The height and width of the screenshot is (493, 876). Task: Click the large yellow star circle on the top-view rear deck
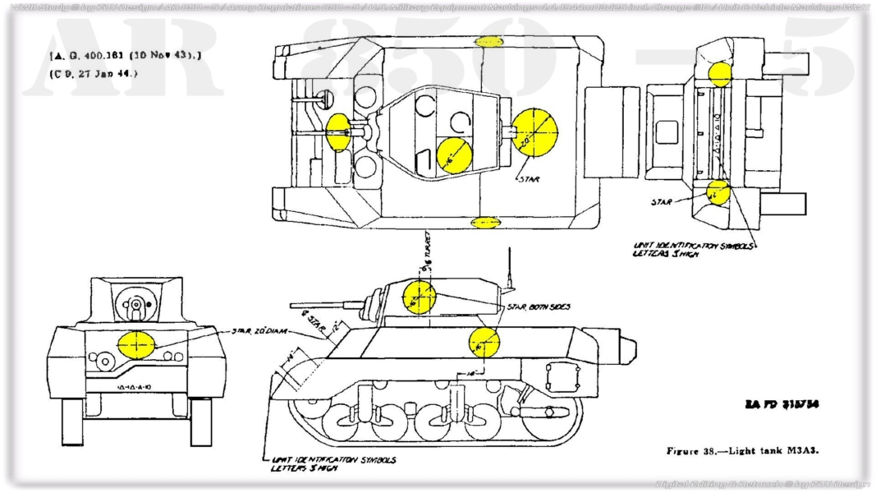click(535, 131)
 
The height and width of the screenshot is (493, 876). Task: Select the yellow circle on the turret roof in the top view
click(453, 155)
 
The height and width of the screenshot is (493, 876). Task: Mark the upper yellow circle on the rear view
click(720, 74)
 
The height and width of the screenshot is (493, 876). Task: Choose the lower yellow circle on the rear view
click(718, 191)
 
